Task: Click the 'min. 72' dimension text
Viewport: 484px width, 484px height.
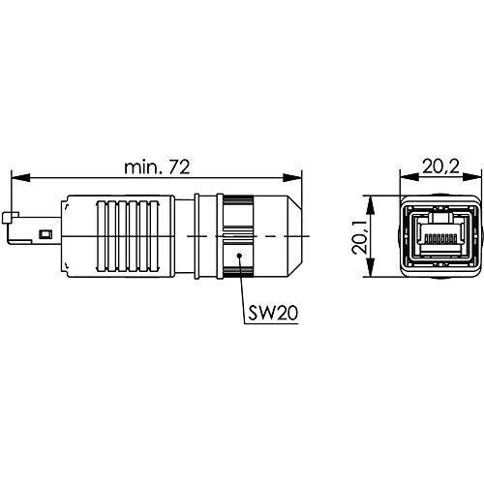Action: (157, 167)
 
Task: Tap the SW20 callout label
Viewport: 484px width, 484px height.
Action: (273, 313)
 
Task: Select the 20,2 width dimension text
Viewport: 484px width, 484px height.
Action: (440, 166)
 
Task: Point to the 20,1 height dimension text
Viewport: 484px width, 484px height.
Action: (359, 236)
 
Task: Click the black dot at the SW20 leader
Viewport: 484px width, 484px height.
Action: (239, 256)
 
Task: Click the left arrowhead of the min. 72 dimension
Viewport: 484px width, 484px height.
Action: (20, 177)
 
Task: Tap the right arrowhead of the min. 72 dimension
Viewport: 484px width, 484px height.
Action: (292, 177)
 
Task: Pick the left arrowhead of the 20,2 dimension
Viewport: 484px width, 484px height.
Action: (409, 177)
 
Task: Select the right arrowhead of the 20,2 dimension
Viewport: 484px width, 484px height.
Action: (473, 177)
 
